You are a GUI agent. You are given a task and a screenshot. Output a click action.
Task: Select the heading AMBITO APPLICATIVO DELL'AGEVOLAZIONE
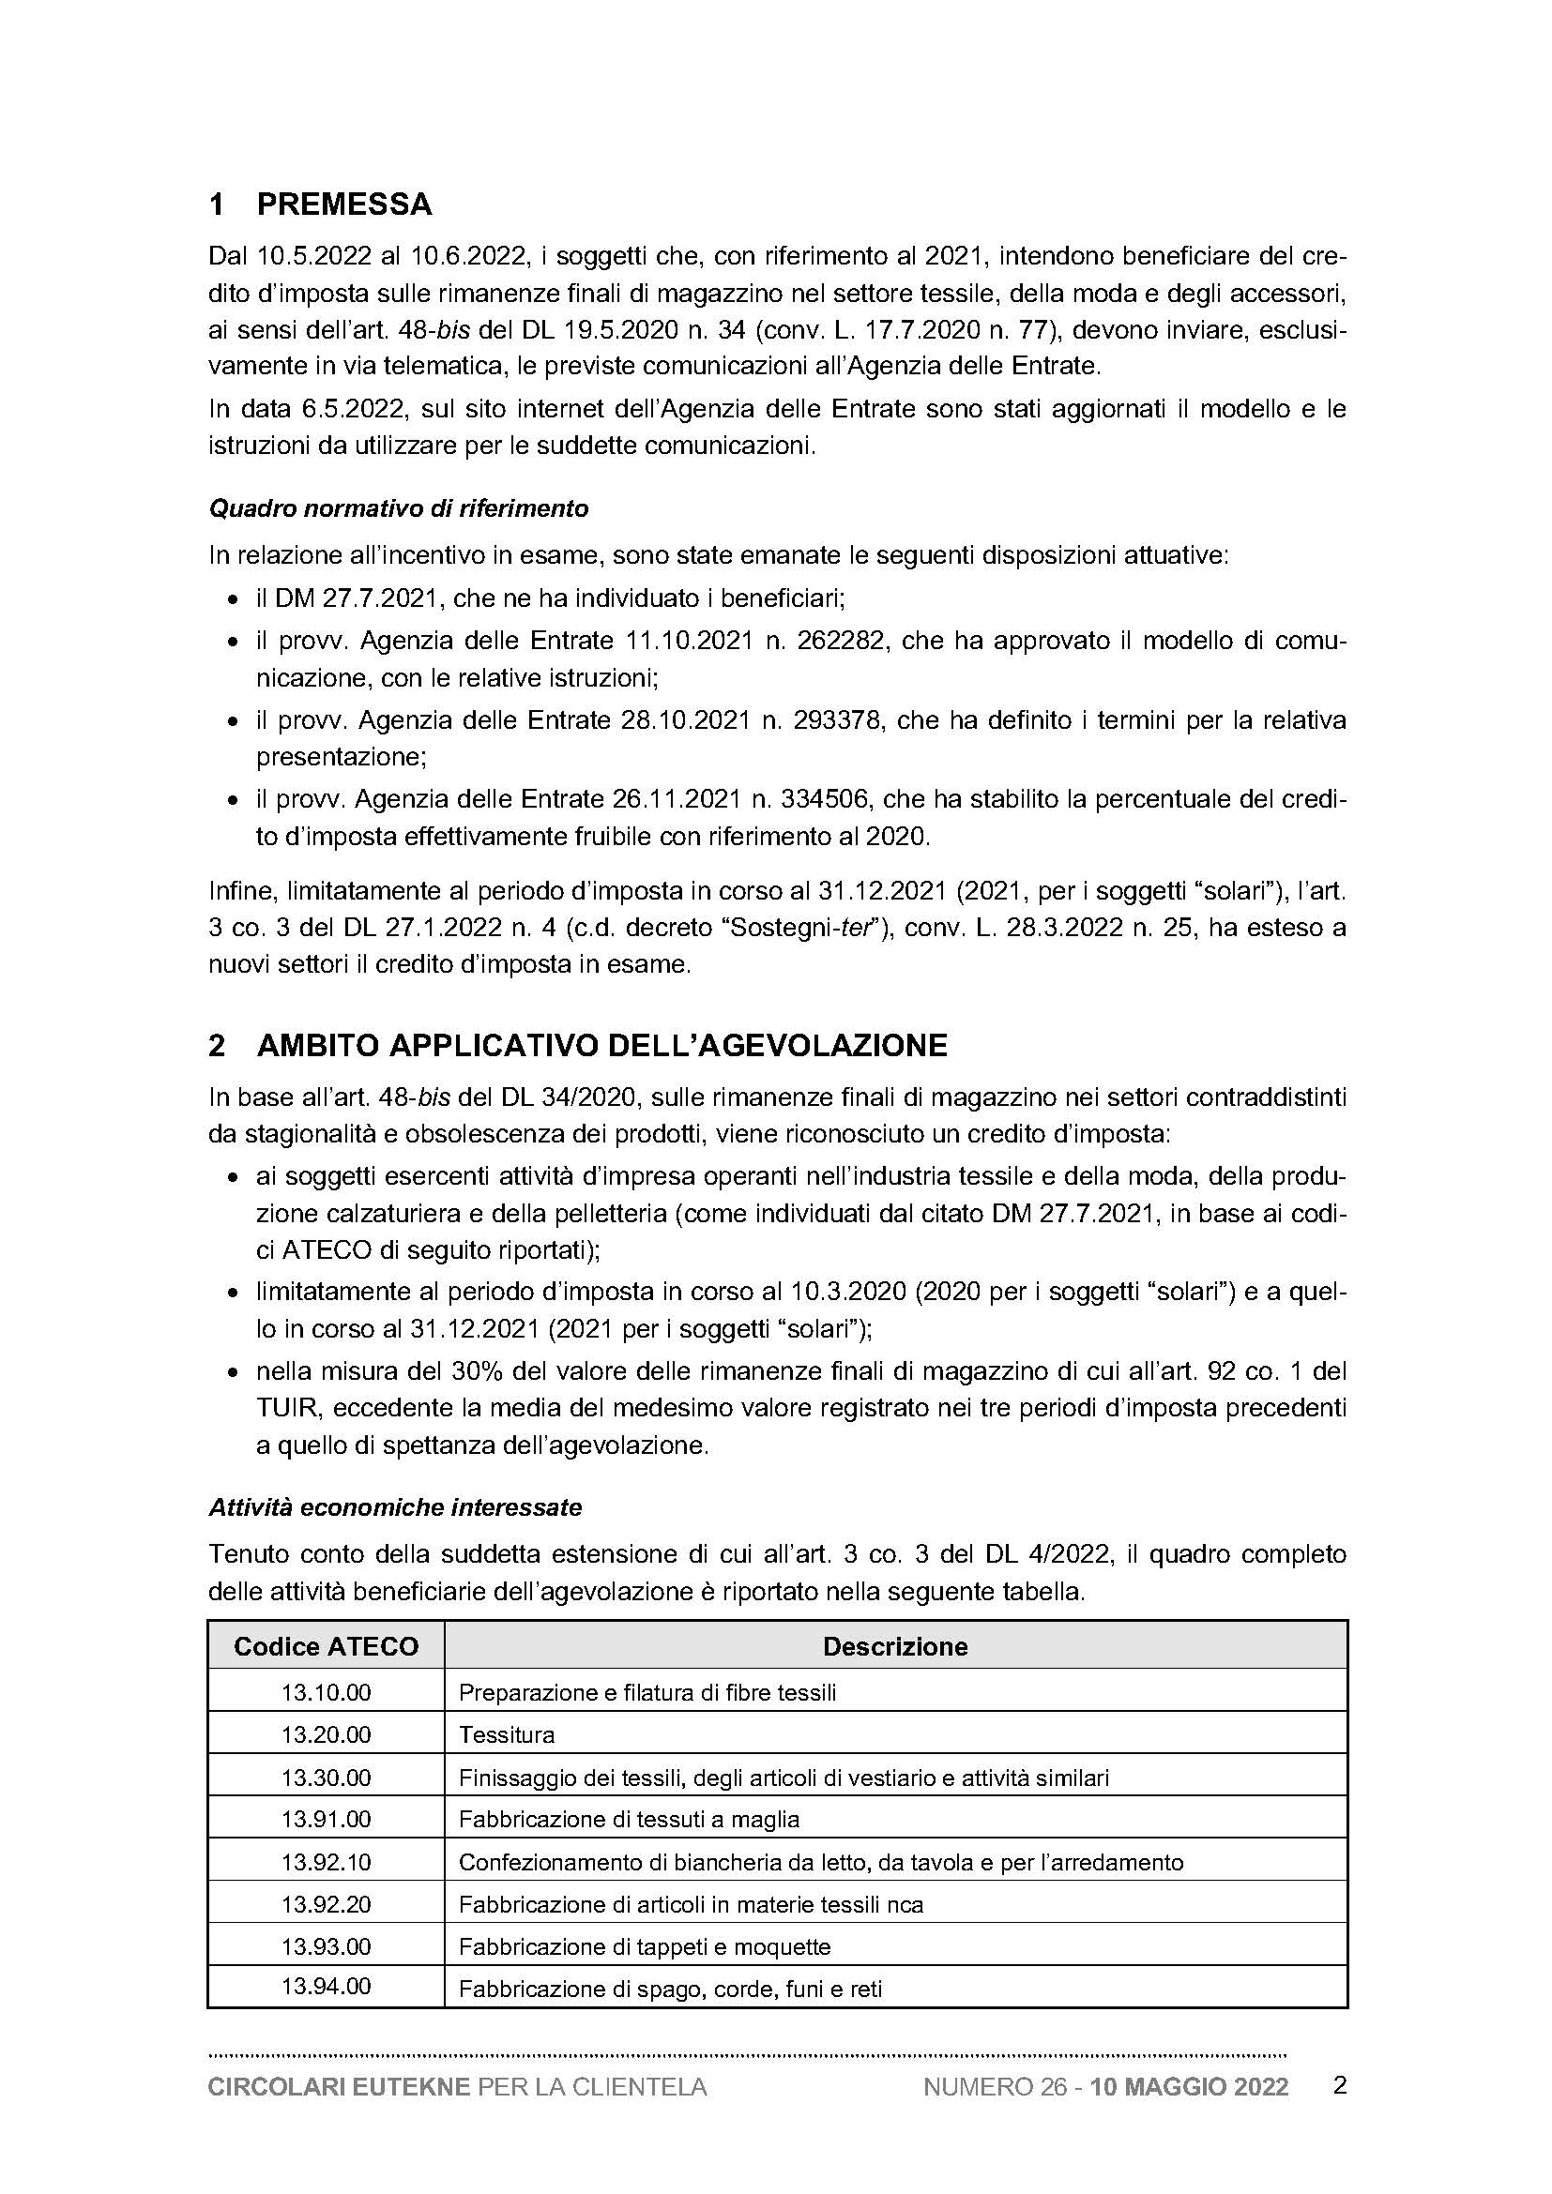click(x=601, y=1047)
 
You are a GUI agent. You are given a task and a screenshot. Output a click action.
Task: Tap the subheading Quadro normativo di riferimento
click(x=399, y=508)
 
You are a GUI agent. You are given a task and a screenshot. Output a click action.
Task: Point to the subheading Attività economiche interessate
click(x=395, y=1508)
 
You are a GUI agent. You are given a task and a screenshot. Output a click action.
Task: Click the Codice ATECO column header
click(x=326, y=1646)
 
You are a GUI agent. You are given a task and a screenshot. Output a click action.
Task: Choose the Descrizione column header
click(x=894, y=1646)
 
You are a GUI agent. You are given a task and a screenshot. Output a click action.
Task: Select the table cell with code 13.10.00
click(x=326, y=1692)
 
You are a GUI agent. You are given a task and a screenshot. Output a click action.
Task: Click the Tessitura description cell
click(x=507, y=1734)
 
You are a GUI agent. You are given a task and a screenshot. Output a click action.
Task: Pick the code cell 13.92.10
click(x=326, y=1861)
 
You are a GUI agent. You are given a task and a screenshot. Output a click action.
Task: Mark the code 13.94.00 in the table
click(x=326, y=1987)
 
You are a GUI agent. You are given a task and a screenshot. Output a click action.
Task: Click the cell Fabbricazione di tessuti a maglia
click(x=629, y=1820)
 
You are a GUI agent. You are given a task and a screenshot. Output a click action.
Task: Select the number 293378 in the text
click(x=830, y=719)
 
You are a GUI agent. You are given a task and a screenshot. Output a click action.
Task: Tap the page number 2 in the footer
click(x=1339, y=2086)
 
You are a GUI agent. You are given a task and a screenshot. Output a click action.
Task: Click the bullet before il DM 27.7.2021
click(x=232, y=601)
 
